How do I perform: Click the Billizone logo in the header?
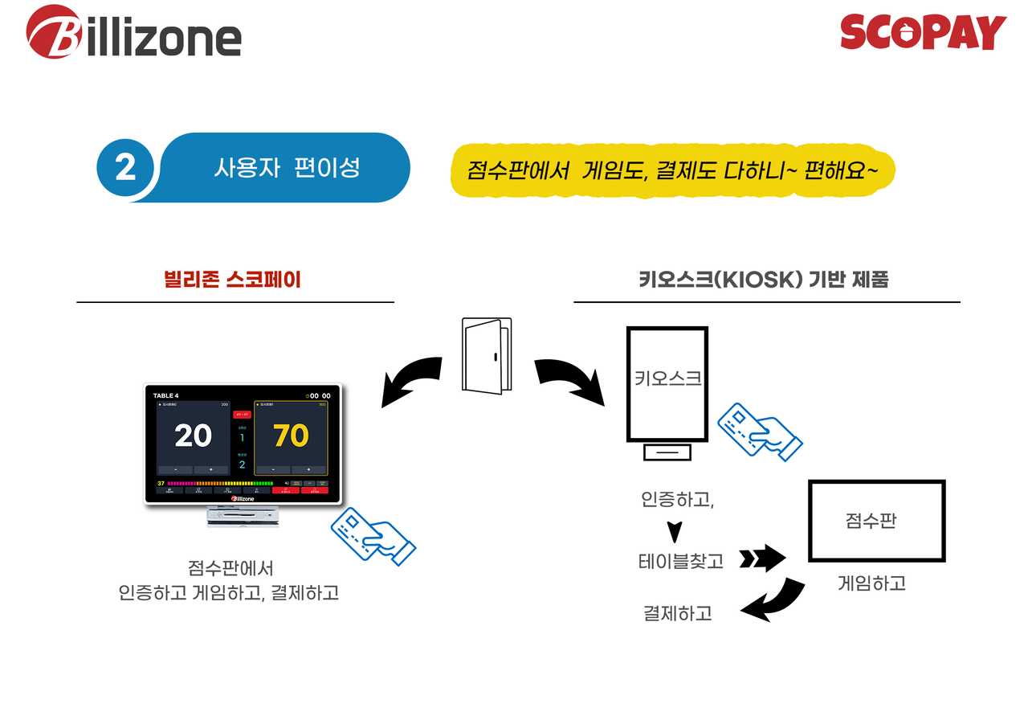pos(133,34)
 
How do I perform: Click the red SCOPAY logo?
pos(923,33)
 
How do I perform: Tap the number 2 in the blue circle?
pos(125,168)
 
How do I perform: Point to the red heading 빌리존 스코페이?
pos(231,280)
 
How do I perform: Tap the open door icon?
pos(487,354)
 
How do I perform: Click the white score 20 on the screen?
pos(193,436)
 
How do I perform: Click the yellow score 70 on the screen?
pos(290,436)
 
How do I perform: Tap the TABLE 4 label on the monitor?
pos(166,395)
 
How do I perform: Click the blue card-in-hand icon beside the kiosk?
pos(760,431)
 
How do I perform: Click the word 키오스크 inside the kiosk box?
pos(667,378)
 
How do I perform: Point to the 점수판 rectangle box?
pos(875,522)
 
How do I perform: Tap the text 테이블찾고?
pos(680,562)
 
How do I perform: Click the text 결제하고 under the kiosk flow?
pos(677,613)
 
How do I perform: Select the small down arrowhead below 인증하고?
pos(675,531)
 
